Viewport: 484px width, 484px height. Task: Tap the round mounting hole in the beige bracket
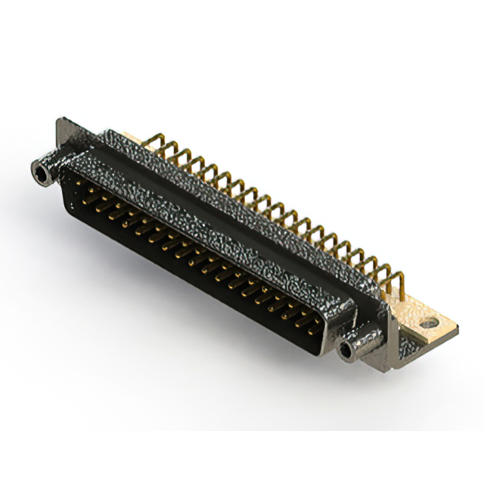tap(429, 323)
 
